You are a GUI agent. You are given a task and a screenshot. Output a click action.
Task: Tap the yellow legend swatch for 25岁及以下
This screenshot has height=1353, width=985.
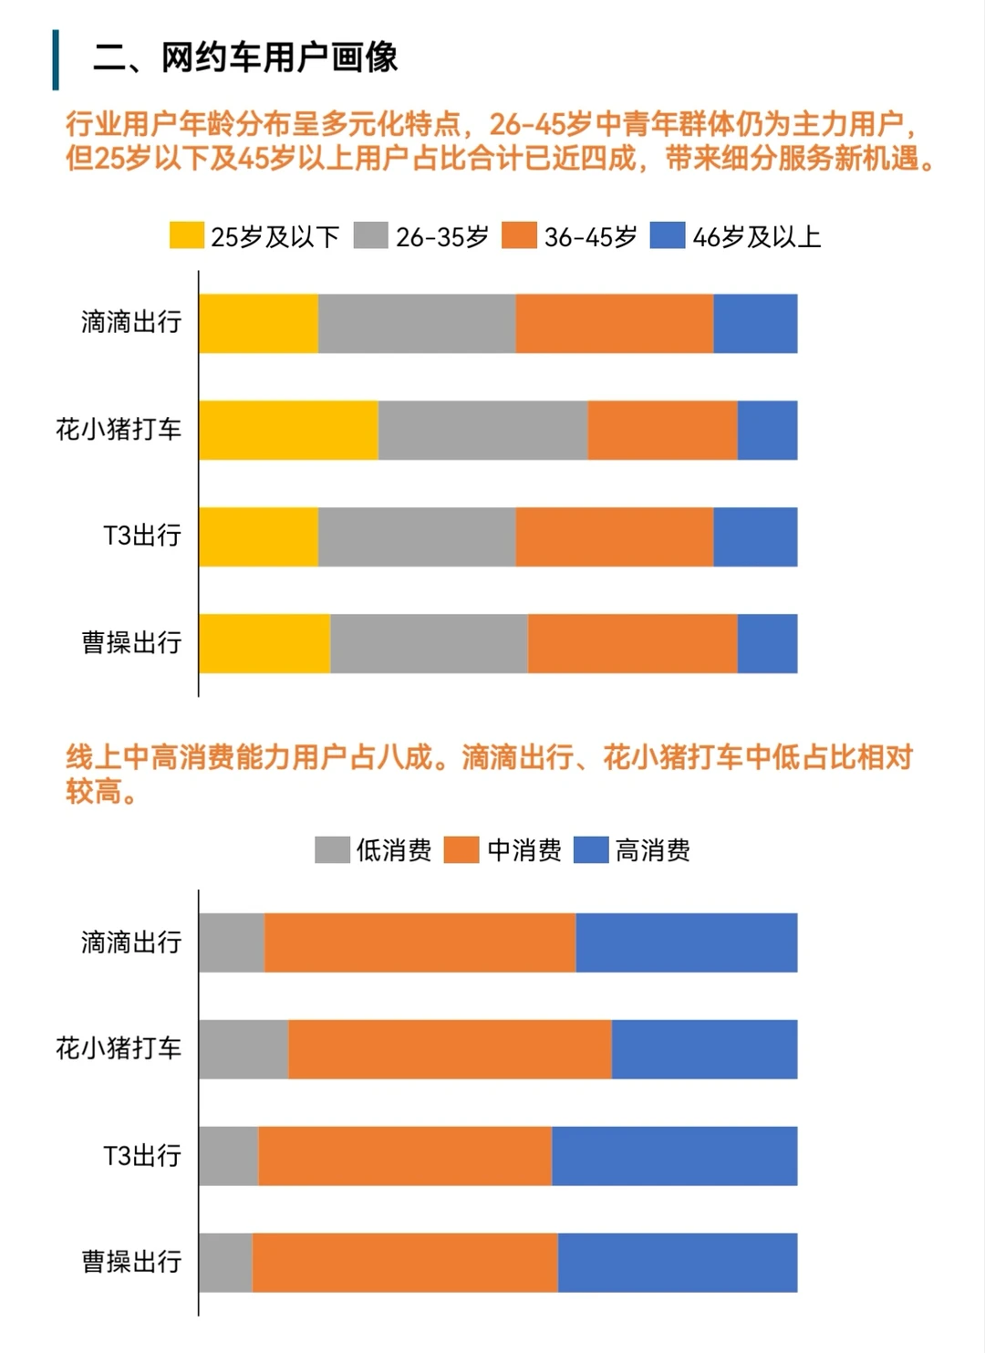tap(186, 235)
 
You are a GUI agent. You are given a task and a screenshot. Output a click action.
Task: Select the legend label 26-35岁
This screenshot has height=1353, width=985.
tap(441, 237)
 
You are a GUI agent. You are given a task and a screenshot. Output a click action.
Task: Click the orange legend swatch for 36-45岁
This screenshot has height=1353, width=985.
tap(519, 235)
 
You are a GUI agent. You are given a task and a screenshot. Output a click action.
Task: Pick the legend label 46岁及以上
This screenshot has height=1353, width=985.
tap(756, 237)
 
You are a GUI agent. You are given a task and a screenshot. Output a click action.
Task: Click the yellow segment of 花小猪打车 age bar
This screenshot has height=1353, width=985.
tap(288, 430)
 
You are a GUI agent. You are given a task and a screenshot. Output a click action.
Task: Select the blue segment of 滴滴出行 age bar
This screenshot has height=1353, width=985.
tap(755, 323)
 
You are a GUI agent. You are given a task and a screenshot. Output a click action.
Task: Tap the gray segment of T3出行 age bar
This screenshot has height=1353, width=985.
tap(417, 536)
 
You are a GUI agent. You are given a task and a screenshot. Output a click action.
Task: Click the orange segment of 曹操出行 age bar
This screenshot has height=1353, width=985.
tap(632, 643)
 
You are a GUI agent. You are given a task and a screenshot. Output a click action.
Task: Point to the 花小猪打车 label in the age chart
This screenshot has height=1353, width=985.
tap(119, 429)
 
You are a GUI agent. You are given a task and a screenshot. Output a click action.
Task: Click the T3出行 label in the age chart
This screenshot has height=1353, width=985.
tap(142, 536)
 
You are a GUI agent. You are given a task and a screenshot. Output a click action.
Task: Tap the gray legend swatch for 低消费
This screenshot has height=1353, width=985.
tap(332, 849)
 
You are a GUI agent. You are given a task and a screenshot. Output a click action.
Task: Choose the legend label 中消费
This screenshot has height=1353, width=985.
tap(524, 850)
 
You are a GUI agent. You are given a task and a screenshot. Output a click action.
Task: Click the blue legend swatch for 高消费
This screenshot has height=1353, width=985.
tap(591, 849)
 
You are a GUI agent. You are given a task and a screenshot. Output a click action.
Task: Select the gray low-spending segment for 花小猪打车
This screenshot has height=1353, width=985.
tap(244, 1049)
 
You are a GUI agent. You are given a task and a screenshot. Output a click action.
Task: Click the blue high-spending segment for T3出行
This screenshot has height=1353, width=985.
tap(674, 1156)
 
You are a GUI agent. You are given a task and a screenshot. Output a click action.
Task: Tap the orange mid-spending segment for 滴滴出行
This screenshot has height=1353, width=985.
tap(420, 942)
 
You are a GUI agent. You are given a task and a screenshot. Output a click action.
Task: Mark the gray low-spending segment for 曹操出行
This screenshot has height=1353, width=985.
tap(225, 1263)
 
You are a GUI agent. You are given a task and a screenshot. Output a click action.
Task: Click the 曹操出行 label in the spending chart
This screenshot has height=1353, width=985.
tap(131, 1262)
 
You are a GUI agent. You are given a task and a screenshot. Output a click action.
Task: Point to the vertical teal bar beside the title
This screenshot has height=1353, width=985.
tap(56, 60)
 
